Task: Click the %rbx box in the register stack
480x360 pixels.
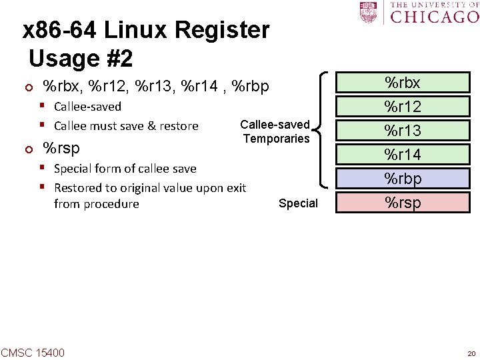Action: point(403,83)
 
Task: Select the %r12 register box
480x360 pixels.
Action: point(403,107)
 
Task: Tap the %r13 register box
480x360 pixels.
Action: point(403,131)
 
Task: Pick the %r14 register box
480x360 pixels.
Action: point(403,155)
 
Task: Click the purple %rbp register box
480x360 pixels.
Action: point(403,178)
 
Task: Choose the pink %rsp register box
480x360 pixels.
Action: point(403,202)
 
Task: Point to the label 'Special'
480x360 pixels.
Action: point(298,203)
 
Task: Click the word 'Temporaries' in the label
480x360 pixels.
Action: point(276,139)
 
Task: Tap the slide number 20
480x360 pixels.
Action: point(471,353)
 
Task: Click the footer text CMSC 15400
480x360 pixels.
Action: point(33,352)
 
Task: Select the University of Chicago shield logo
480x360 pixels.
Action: point(367,12)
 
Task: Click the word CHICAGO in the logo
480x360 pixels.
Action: point(433,15)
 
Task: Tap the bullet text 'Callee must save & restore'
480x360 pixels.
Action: point(126,126)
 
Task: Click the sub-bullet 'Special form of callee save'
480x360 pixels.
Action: point(125,169)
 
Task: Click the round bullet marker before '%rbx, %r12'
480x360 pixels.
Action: point(26,87)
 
